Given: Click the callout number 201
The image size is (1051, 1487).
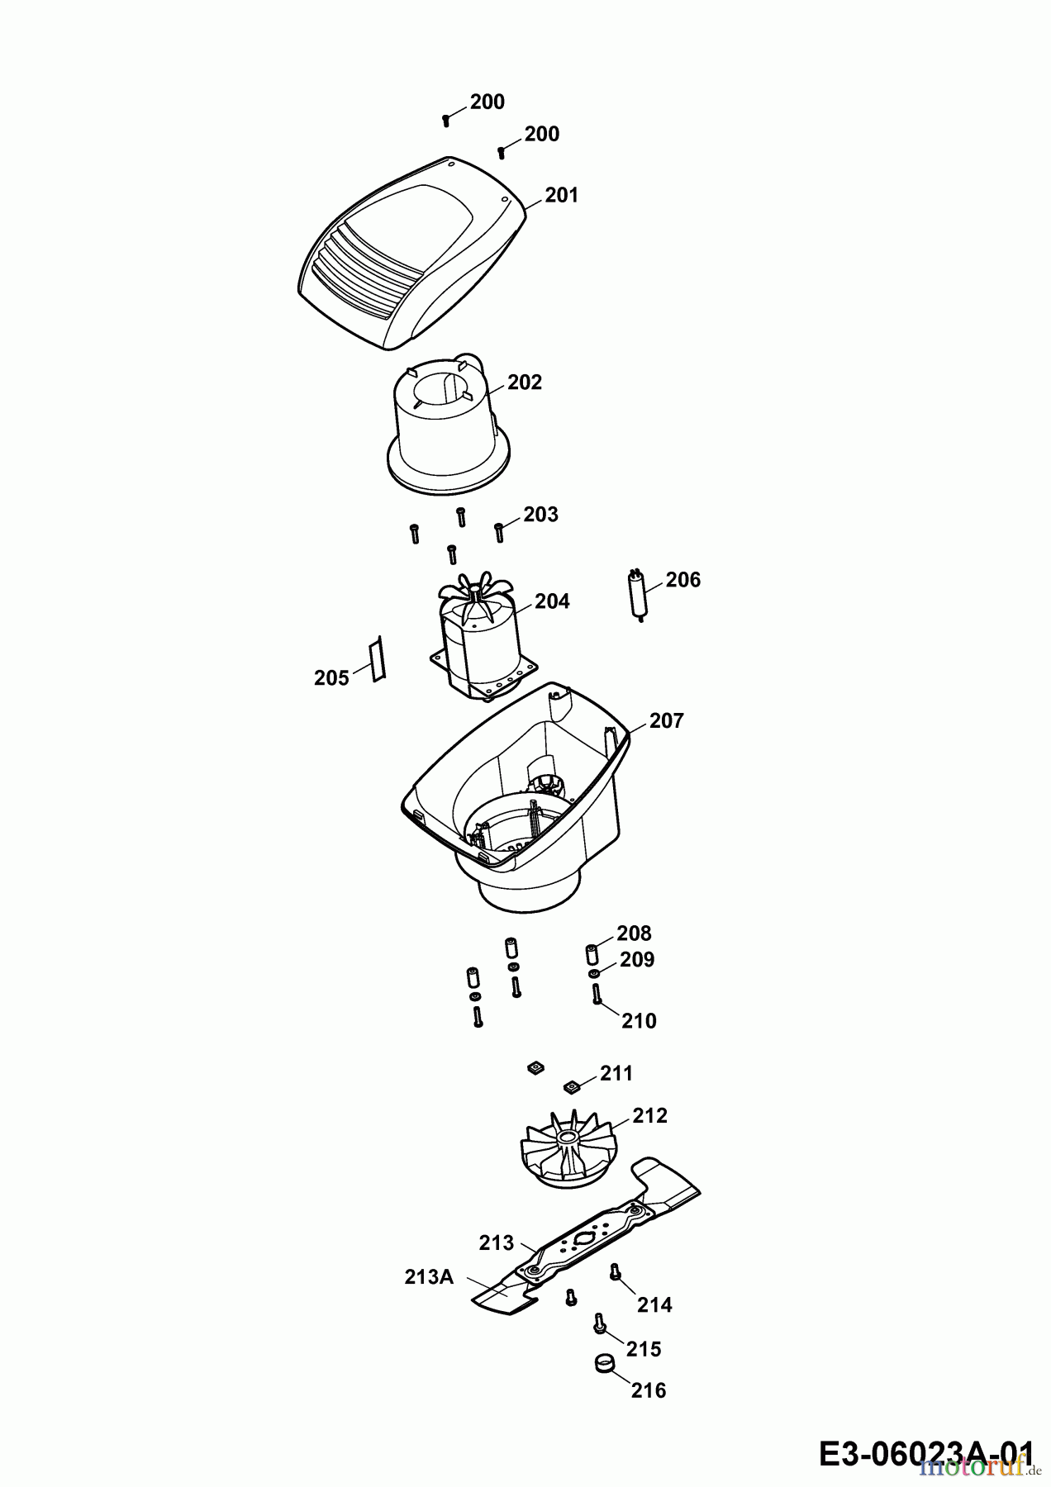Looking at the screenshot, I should (561, 196).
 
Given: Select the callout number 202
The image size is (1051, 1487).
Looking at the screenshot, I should (525, 382).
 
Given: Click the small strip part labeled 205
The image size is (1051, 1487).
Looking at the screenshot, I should (378, 658).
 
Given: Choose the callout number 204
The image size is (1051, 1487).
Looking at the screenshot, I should (552, 601).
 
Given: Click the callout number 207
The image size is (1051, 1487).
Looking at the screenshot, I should (666, 721).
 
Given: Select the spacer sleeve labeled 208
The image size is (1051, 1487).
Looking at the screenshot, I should (592, 954).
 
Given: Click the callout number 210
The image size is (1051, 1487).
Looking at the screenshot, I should (639, 1021).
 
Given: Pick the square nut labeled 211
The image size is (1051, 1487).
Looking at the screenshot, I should (570, 1085).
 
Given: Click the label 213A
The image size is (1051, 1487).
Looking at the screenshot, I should (429, 1277).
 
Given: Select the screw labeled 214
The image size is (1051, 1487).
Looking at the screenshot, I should (615, 1273).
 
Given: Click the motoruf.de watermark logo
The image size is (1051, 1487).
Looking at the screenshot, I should (976, 1468).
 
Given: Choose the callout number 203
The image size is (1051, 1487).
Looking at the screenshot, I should (541, 515).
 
